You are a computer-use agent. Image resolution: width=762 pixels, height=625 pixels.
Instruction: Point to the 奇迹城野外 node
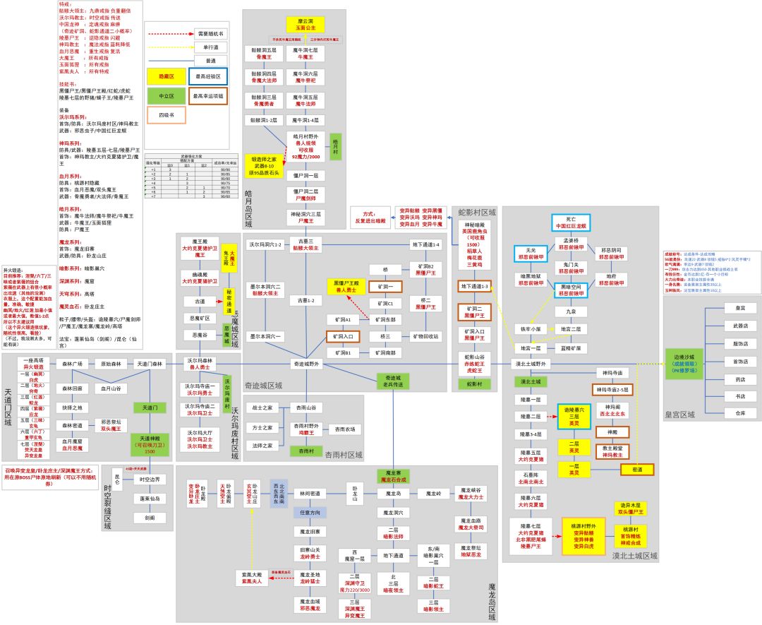pos(306,364)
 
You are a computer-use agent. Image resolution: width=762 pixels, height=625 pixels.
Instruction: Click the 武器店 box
pos(739,326)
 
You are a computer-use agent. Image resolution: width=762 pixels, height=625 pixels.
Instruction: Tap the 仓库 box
pos(739,412)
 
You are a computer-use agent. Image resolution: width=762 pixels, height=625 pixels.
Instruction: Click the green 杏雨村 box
pos(306,450)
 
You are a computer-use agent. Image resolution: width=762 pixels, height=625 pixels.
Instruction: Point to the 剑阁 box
pos(150,518)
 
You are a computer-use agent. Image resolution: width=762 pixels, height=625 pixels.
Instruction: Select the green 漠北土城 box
pos(531,382)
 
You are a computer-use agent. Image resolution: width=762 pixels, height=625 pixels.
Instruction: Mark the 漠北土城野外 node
pos(540,364)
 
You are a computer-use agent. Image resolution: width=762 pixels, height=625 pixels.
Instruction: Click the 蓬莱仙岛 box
pos(150,499)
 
